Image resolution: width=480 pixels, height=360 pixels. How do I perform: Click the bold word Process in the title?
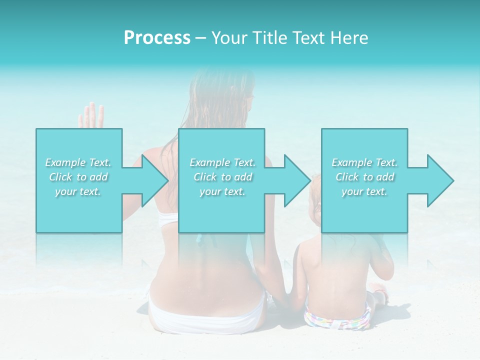point(157,38)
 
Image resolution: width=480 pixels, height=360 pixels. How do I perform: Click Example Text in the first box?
point(78,162)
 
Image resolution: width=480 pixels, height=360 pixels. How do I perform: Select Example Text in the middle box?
point(222,162)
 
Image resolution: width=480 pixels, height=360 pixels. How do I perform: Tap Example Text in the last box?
point(364,162)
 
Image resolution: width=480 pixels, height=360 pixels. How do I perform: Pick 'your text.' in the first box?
point(78,191)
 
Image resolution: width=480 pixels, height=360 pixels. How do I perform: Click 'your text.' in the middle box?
point(222,191)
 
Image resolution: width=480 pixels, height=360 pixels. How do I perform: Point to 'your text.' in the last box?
point(364,191)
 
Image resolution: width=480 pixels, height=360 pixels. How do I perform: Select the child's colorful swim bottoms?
point(337,318)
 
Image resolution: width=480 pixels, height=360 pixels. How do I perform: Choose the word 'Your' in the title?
point(227,38)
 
